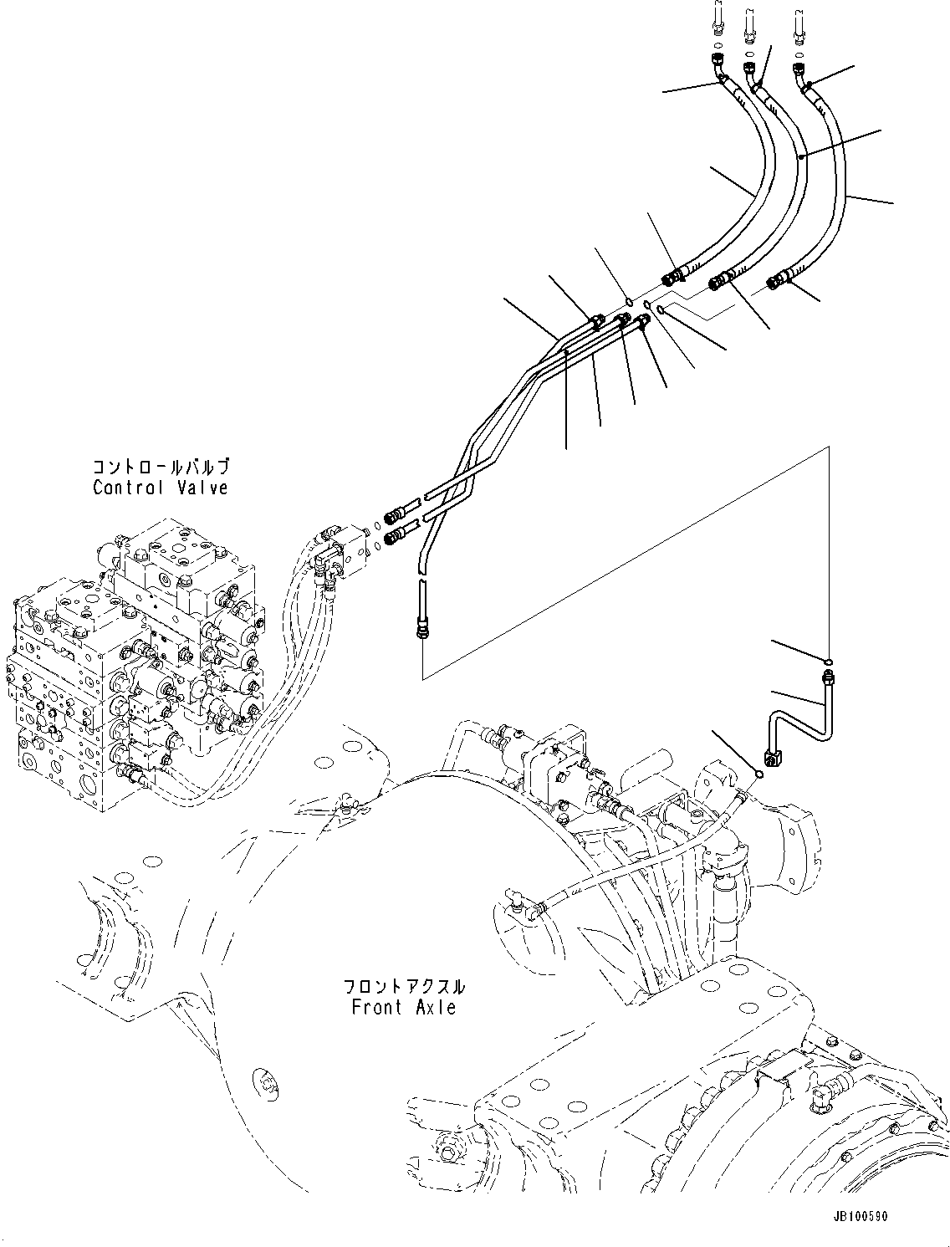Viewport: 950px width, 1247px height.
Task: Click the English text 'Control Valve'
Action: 160,487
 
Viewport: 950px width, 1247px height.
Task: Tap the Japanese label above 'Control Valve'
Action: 160,467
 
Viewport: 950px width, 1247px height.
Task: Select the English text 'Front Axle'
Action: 404,1007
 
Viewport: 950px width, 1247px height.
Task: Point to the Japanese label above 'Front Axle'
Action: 404,987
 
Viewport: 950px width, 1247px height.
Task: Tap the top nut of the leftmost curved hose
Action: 718,63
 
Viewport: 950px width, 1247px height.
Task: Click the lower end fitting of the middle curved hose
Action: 720,282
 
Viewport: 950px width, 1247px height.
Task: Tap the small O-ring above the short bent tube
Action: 827,659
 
